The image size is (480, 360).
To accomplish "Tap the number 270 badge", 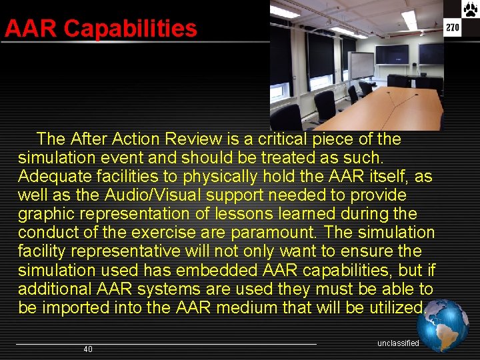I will pos(453,27).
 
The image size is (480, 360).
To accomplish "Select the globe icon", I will pos(443,325).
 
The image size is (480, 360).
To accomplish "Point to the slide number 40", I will pos(88,349).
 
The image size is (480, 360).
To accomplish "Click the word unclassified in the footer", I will pos(398,343).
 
